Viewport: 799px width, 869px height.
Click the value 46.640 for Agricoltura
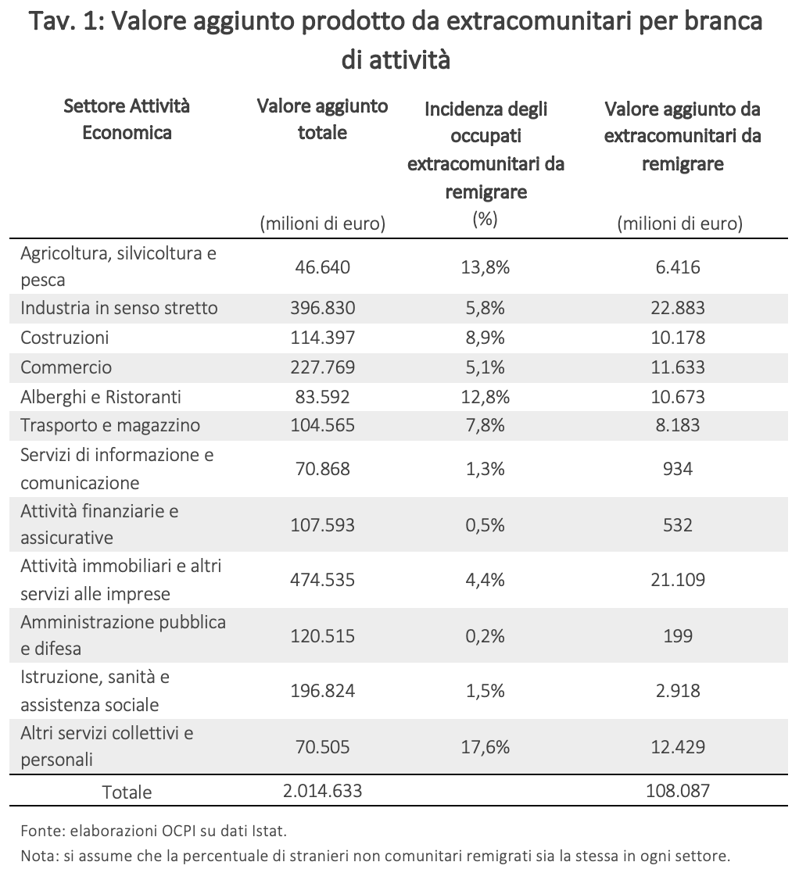(322, 267)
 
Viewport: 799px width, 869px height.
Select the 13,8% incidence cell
(485, 267)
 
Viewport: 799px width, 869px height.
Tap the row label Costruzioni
(64, 338)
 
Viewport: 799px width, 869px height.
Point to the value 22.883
(678, 308)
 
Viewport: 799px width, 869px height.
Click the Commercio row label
(66, 367)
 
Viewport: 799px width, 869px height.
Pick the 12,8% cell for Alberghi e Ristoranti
(485, 397)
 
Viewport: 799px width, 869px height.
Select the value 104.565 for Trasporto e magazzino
(322, 425)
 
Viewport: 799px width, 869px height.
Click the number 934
(678, 469)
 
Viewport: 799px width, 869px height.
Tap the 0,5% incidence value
(485, 525)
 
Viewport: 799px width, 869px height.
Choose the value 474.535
(322, 580)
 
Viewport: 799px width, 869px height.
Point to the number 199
(678, 635)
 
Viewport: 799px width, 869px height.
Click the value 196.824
(322, 691)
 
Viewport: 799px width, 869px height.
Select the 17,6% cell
(485, 747)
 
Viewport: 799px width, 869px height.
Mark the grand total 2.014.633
(322, 790)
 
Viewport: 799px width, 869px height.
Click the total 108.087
(678, 790)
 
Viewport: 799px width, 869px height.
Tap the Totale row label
(127, 792)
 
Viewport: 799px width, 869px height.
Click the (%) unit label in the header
(485, 220)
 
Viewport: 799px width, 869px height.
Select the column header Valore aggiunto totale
(322, 119)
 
